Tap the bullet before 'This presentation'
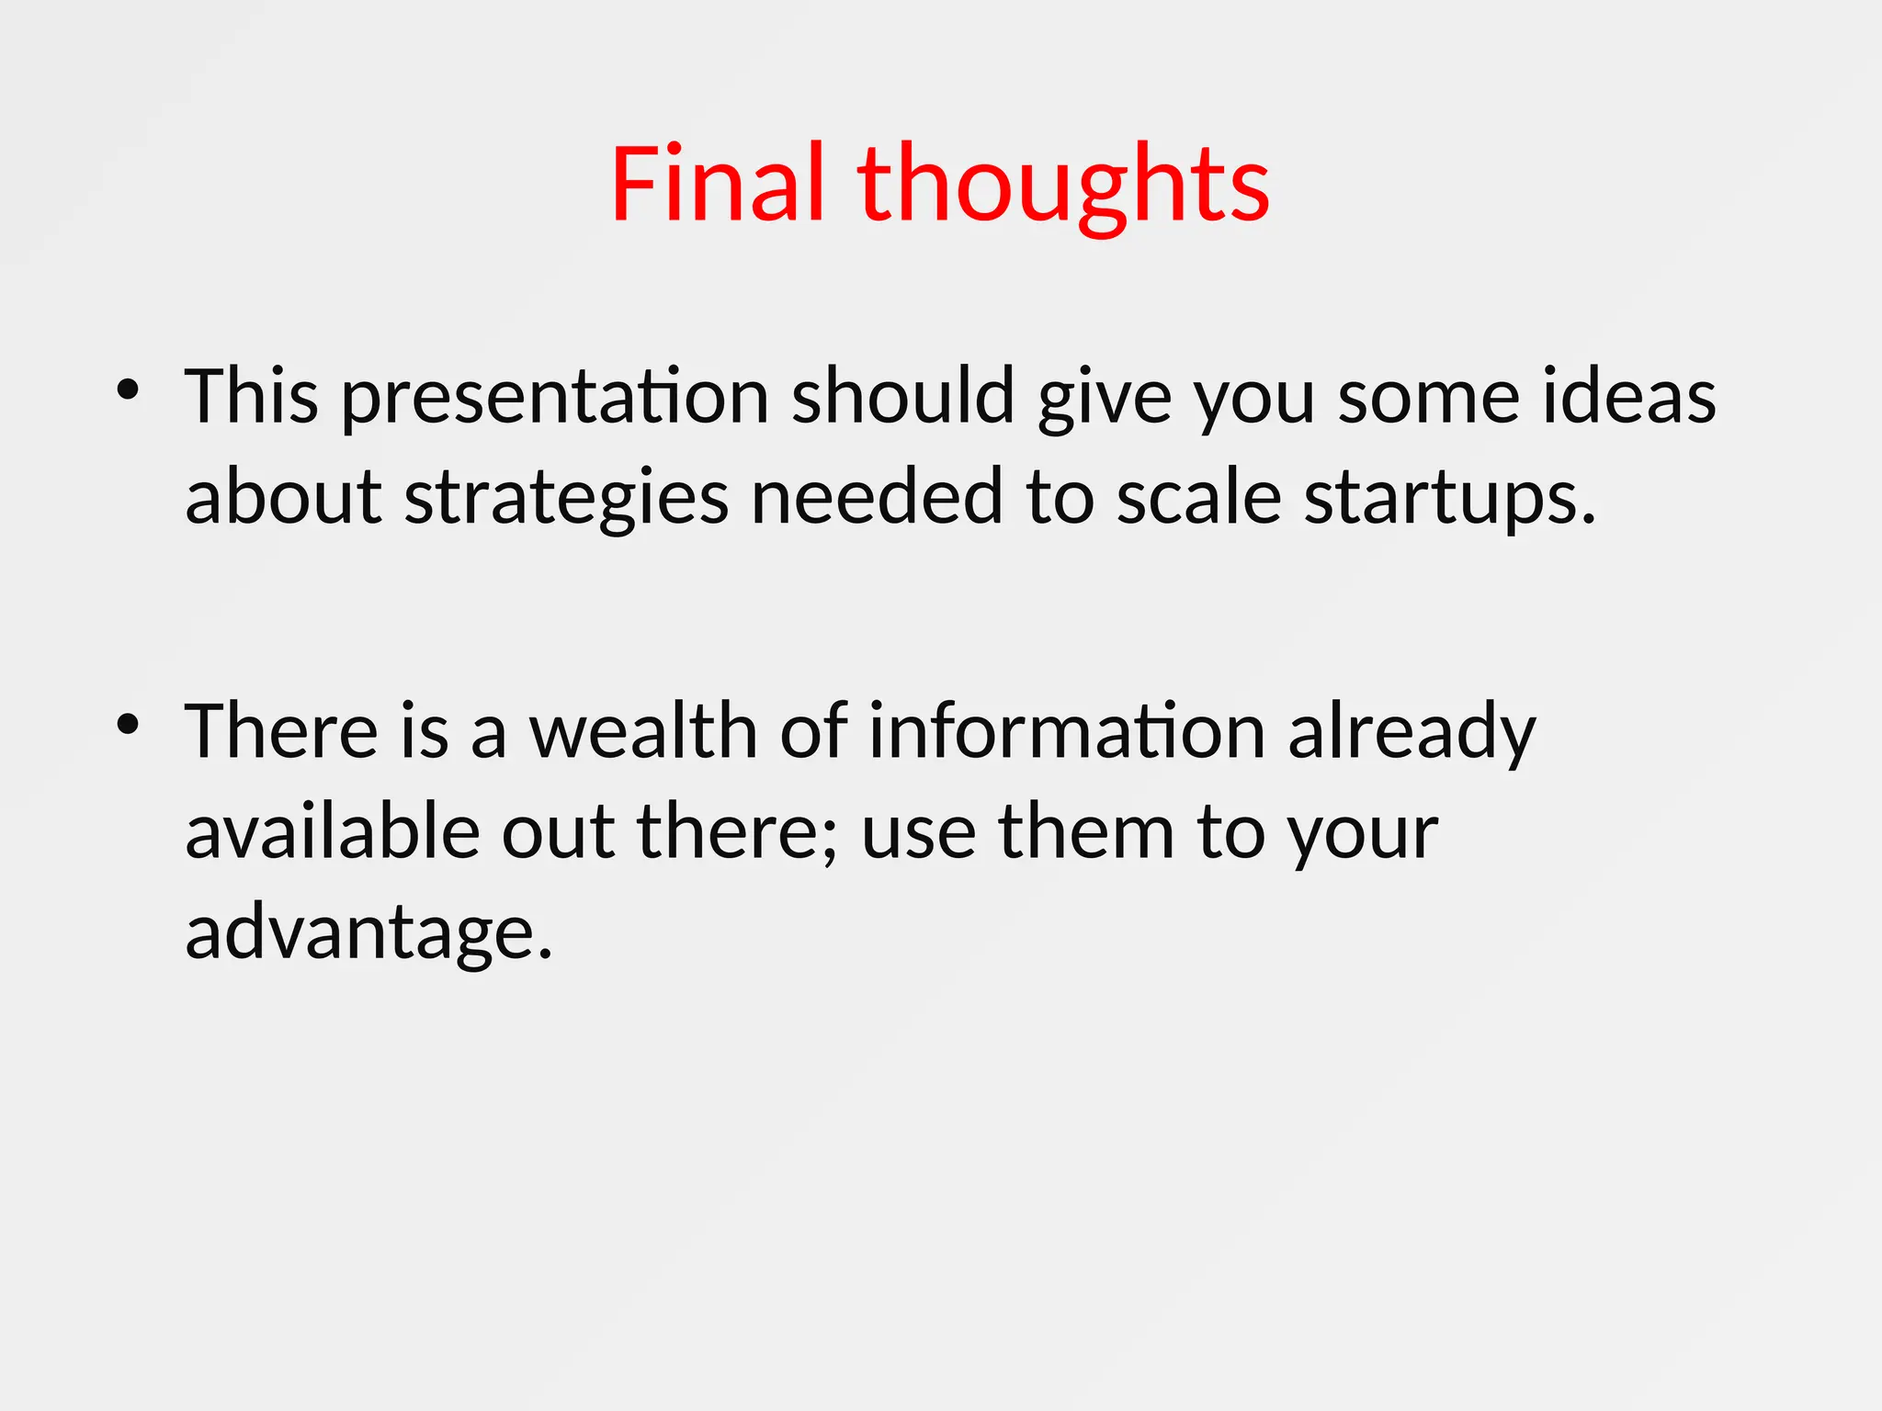[128, 390]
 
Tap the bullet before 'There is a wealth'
[128, 725]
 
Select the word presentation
[555, 398]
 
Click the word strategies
[566, 498]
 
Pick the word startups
[1449, 498]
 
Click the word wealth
[643, 731]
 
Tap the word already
[1411, 733]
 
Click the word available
[333, 831]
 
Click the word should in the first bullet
[903, 396]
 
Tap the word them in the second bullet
[1086, 831]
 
